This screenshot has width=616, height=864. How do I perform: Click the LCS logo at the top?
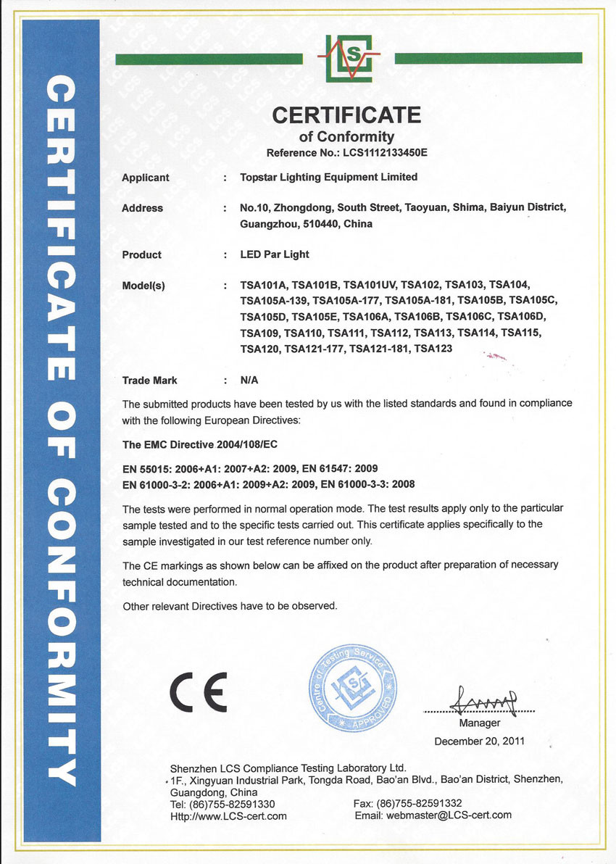click(349, 57)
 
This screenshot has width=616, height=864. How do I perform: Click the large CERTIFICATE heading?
click(346, 115)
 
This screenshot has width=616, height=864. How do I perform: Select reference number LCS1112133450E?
click(376, 153)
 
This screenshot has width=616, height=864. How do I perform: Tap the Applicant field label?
click(146, 177)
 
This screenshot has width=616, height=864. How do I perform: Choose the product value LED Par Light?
click(275, 254)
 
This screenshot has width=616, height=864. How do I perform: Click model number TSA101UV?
click(369, 285)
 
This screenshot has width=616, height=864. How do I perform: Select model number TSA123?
click(433, 349)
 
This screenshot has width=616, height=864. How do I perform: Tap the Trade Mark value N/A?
click(249, 380)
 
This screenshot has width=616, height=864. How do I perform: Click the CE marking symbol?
click(199, 693)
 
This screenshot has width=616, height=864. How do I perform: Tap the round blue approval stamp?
click(354, 689)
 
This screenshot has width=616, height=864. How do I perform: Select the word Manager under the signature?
click(480, 723)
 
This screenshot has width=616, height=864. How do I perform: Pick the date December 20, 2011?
click(479, 741)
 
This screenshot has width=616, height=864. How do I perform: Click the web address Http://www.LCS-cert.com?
click(228, 815)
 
